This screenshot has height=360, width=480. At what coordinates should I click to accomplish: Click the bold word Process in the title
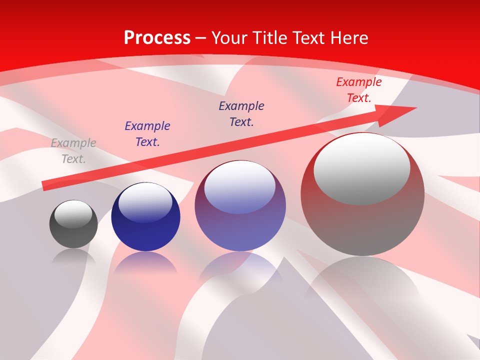click(157, 38)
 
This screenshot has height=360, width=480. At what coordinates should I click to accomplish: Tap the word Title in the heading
click(270, 38)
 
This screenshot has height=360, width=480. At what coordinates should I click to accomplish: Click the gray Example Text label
click(73, 151)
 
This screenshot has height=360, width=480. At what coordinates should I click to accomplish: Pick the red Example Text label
click(358, 90)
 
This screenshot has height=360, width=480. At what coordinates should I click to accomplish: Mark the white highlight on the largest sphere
click(361, 167)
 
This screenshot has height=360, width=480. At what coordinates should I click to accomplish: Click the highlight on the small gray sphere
click(73, 214)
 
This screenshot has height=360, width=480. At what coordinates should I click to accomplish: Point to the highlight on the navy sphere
click(145, 201)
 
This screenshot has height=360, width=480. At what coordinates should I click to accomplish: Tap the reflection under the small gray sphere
click(73, 256)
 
